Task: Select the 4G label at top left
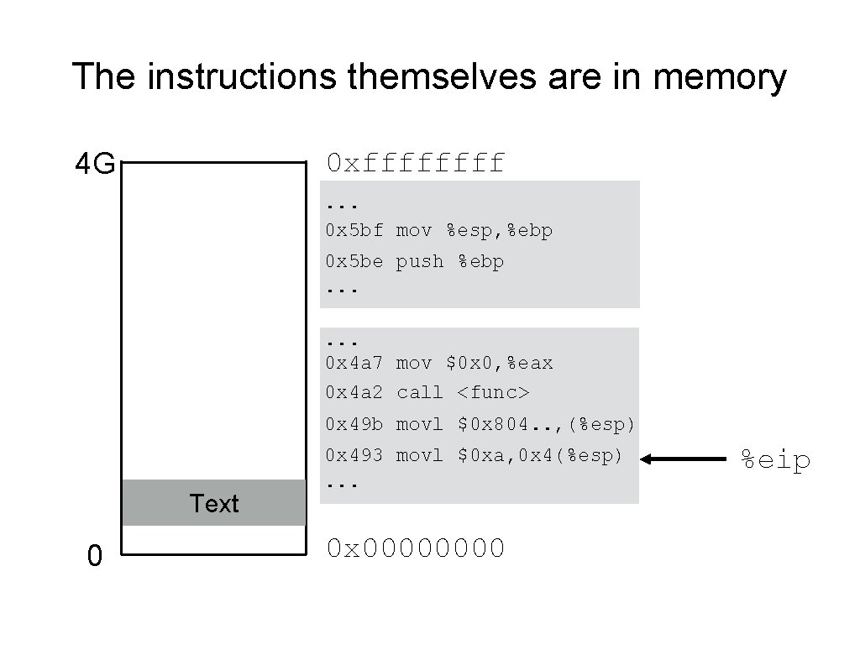[95, 165]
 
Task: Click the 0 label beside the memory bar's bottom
[95, 555]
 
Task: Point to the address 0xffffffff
[416, 162]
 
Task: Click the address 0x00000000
[416, 548]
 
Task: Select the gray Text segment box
[213, 502]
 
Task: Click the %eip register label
[774, 459]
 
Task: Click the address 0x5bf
[354, 230]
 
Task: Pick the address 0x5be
[354, 261]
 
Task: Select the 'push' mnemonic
[419, 261]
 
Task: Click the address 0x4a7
[354, 363]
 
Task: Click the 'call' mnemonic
[419, 392]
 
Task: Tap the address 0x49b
[354, 425]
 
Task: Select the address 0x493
[354, 455]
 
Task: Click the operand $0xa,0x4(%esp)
[540, 455]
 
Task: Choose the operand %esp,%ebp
[499, 230]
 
